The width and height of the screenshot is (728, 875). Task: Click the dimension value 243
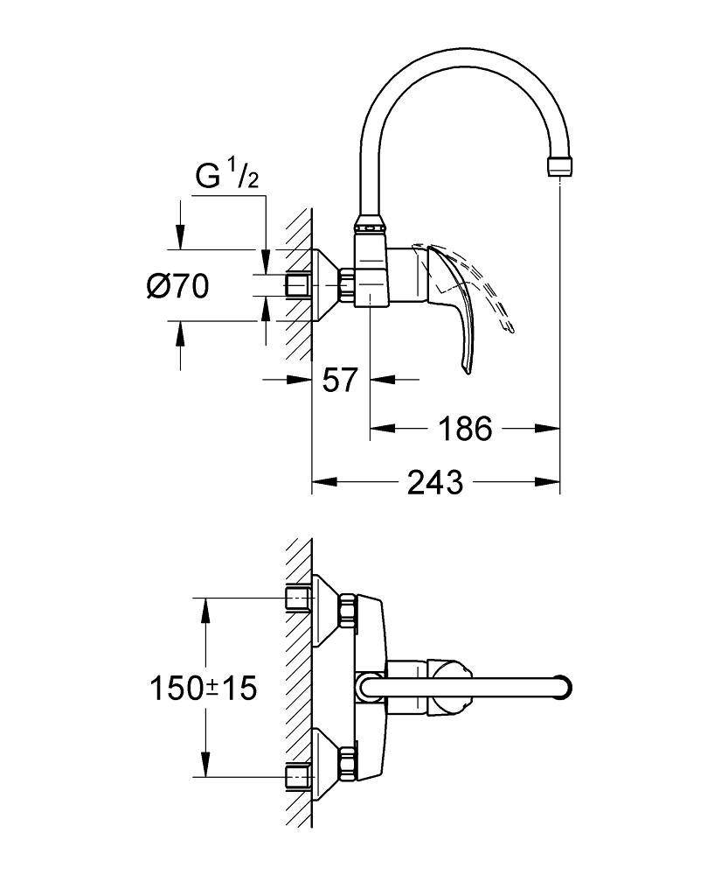435,481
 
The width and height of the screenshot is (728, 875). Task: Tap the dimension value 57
340,380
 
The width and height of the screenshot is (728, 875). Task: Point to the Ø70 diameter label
177,285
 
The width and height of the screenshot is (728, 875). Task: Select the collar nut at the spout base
371,226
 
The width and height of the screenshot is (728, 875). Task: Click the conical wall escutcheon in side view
326,284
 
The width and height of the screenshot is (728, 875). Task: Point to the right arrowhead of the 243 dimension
551,481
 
